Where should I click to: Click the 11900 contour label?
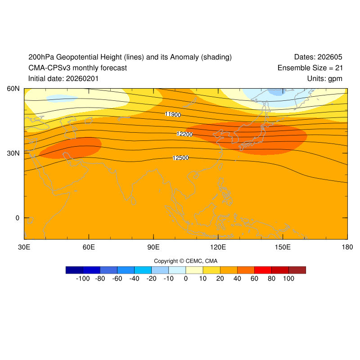pyautogui.click(x=173, y=115)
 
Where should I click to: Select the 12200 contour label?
pyautogui.click(x=184, y=134)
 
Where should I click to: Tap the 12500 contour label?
pyautogui.click(x=180, y=158)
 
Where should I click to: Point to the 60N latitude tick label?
pyautogui.click(x=13, y=89)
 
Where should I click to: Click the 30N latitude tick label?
pyautogui.click(x=13, y=153)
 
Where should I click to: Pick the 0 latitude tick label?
pyautogui.click(x=18, y=218)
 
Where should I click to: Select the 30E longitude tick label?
pyautogui.click(x=24, y=247)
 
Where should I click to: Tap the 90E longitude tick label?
pyautogui.click(x=153, y=247)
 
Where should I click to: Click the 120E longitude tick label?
pyautogui.click(x=218, y=247)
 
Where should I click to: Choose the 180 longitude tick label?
pyautogui.click(x=347, y=247)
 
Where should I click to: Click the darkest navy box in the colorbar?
pyautogui.click(x=74, y=270)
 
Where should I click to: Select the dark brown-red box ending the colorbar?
pyautogui.click(x=297, y=270)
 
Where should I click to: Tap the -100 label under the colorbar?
pyautogui.click(x=83, y=279)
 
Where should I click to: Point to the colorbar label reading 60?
pyautogui.click(x=254, y=279)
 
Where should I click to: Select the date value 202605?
pyautogui.click(x=330, y=57)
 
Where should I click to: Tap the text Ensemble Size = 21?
pyautogui.click(x=310, y=68)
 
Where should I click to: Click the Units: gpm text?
pyautogui.click(x=324, y=79)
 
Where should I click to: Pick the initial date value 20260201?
pyautogui.click(x=82, y=79)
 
